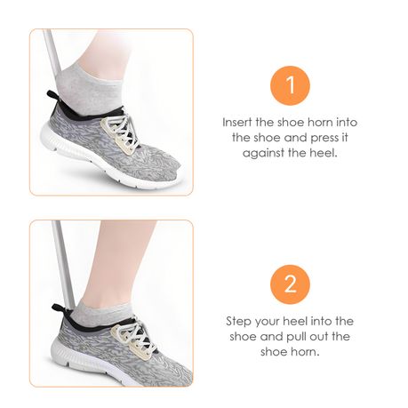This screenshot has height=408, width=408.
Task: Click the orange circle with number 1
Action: [x=290, y=85]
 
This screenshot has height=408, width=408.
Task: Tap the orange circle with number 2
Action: [x=290, y=284]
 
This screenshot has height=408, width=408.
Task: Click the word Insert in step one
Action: [x=237, y=122]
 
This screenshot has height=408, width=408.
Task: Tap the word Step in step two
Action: [x=238, y=322]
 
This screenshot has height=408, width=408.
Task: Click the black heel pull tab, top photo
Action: [x=52, y=96]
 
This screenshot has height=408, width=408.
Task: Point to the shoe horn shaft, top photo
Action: [x=52, y=52]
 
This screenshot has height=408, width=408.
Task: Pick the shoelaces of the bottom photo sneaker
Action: [x=135, y=337]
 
